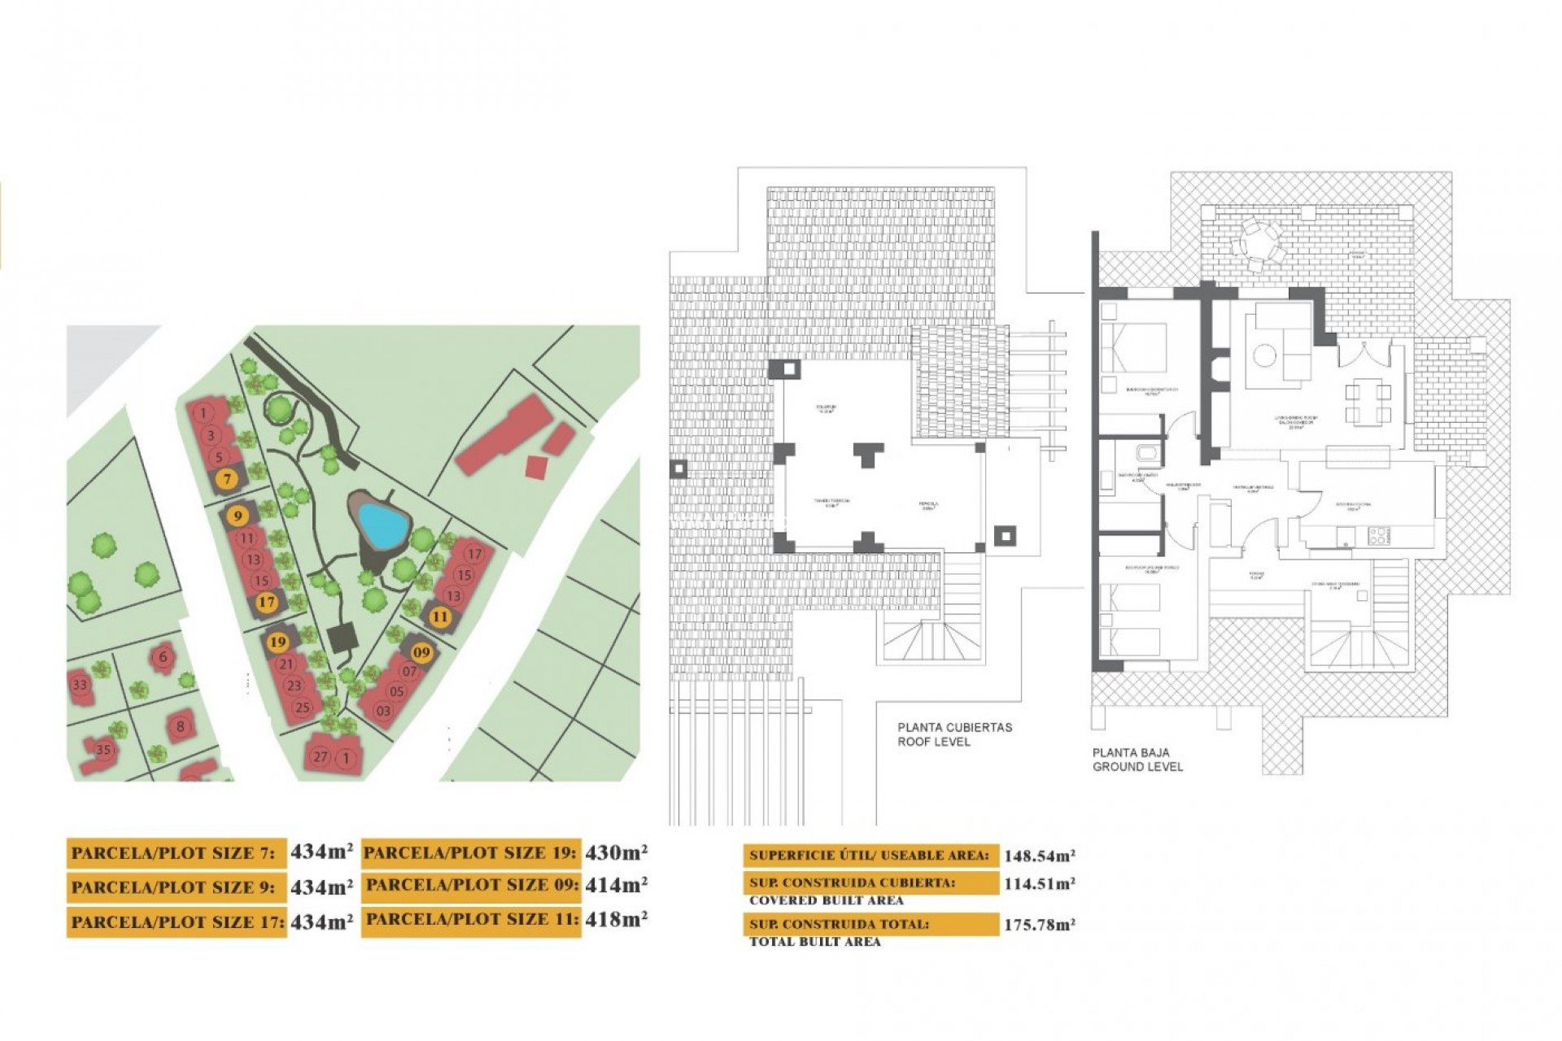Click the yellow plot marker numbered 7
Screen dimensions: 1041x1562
[x=228, y=480]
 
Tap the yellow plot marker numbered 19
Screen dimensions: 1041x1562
[x=278, y=642]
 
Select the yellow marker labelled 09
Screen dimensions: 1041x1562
[x=421, y=652]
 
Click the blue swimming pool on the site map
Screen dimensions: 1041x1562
[x=382, y=525]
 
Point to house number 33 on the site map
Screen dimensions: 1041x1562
[x=80, y=685]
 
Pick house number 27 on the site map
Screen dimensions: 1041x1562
[x=321, y=757]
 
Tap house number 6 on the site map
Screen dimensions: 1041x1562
[x=164, y=657]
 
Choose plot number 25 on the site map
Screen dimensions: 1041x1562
[x=303, y=708]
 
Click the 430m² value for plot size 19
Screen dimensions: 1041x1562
[x=616, y=852]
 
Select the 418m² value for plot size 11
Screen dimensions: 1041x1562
[x=616, y=920]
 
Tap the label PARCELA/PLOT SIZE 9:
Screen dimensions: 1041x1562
[x=173, y=887]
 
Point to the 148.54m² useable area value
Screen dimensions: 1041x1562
[x=1039, y=856]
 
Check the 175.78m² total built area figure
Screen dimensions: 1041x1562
[x=1039, y=925]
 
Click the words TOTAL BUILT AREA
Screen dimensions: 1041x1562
[x=814, y=942]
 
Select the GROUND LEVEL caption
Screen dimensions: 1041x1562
[x=1137, y=767]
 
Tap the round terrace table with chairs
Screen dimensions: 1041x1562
[x=1258, y=242]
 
